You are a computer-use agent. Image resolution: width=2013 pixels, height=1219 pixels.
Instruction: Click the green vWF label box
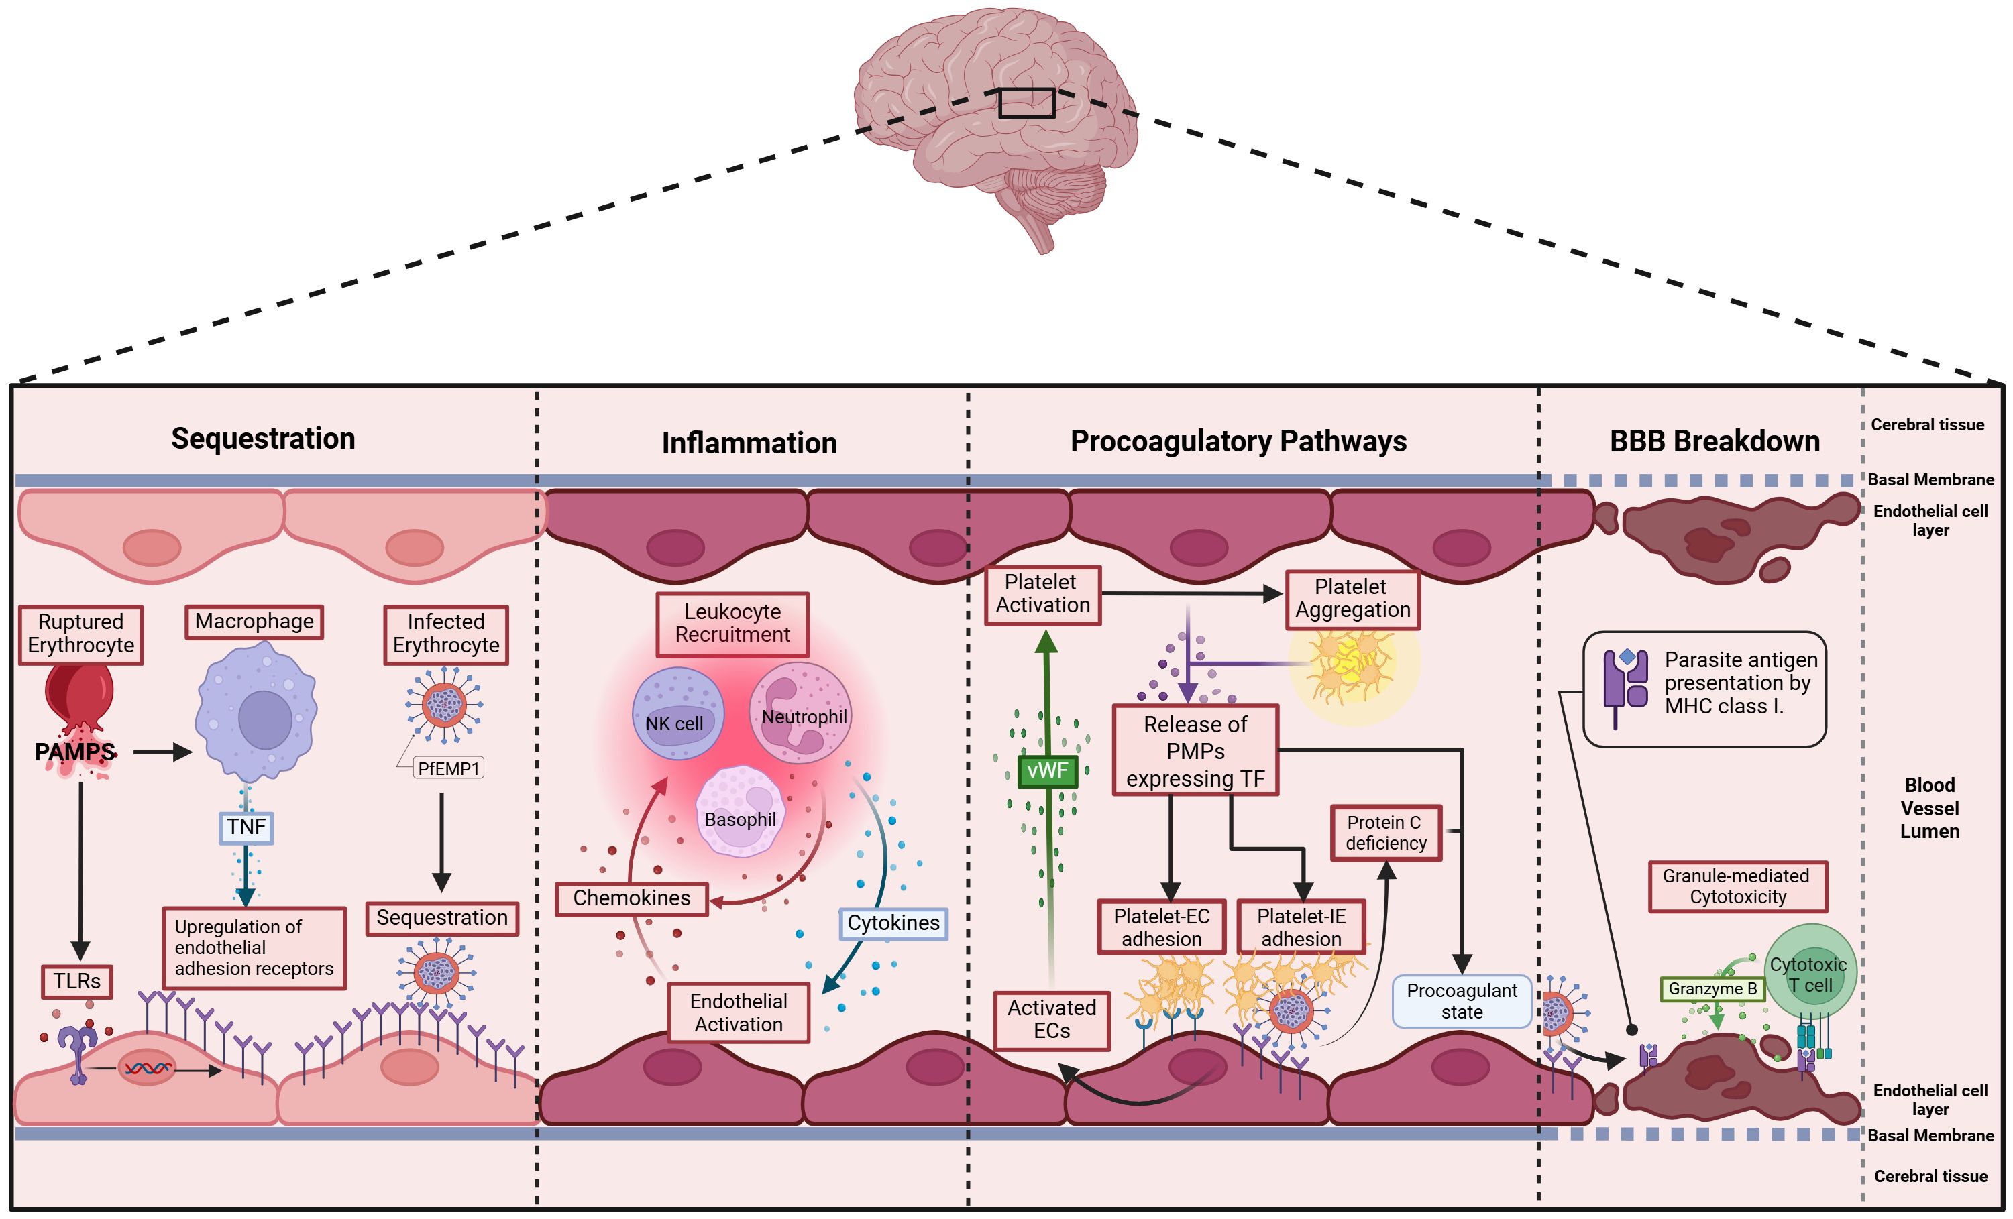tap(1047, 770)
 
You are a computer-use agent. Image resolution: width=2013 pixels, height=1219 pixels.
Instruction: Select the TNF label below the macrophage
tap(246, 827)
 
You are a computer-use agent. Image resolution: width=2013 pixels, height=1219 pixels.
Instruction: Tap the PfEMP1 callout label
tap(449, 768)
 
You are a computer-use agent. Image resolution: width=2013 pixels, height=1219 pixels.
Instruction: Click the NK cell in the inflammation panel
tap(677, 713)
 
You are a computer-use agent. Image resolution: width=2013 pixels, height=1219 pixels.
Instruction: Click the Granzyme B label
tap(1712, 989)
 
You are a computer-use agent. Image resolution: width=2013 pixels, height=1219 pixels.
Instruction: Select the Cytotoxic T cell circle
tap(1810, 971)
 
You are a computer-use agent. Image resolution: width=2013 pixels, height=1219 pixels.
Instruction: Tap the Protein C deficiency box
tap(1386, 833)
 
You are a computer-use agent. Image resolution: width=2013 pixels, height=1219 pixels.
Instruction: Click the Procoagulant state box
tap(1461, 1001)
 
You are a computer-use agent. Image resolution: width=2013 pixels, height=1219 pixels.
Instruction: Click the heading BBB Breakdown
tap(1714, 441)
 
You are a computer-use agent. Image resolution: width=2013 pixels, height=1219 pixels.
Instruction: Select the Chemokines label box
tap(631, 898)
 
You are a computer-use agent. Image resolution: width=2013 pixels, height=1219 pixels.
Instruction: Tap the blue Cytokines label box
tap(893, 923)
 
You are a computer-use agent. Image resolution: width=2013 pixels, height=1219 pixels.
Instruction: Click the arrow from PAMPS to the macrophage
tap(162, 752)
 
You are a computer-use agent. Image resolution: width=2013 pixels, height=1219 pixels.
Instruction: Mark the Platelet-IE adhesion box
tap(1301, 927)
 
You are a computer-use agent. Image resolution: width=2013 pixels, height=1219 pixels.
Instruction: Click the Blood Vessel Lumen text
tap(1929, 809)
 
